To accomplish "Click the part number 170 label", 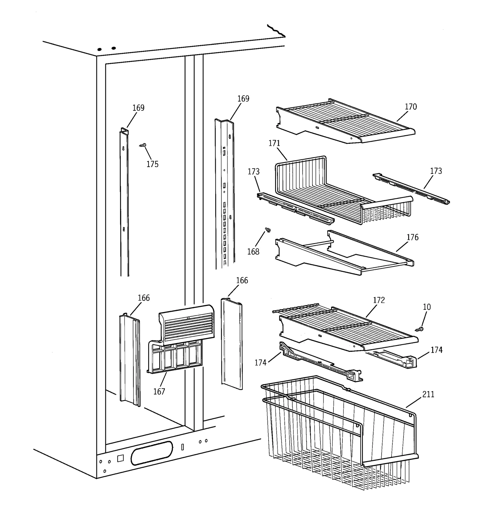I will (x=411, y=107).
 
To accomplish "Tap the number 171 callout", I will (x=274, y=143).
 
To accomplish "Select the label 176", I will (x=412, y=237).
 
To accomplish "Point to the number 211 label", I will (x=428, y=394).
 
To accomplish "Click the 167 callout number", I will (x=159, y=392).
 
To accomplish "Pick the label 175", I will (x=153, y=164).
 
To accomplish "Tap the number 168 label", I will (x=253, y=252).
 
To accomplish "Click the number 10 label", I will (x=427, y=307).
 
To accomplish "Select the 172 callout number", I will (x=379, y=300).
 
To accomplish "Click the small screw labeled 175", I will (x=143, y=145).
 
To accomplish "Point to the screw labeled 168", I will (x=268, y=230).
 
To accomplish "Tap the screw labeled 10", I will (x=420, y=329).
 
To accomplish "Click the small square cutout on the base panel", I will (x=120, y=458).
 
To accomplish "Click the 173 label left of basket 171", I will (x=253, y=172).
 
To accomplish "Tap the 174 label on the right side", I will (x=437, y=350).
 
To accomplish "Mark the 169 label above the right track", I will (x=243, y=99).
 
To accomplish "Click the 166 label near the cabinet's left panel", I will (x=144, y=298).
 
